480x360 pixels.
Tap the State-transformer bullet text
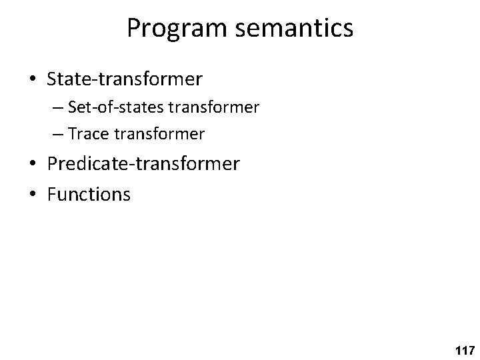coord(125,79)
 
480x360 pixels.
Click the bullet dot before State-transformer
coord(33,79)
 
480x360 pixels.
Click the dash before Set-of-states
coord(57,108)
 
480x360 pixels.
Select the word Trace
coord(90,134)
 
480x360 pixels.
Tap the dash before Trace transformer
coord(57,135)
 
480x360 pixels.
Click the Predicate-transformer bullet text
coord(143,163)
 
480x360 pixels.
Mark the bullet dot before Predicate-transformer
coord(33,164)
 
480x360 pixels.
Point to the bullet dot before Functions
coord(33,194)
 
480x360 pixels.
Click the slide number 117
coord(463,349)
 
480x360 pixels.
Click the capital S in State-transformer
coord(52,79)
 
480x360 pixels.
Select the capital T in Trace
coord(72,134)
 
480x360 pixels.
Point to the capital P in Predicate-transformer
coord(52,163)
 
